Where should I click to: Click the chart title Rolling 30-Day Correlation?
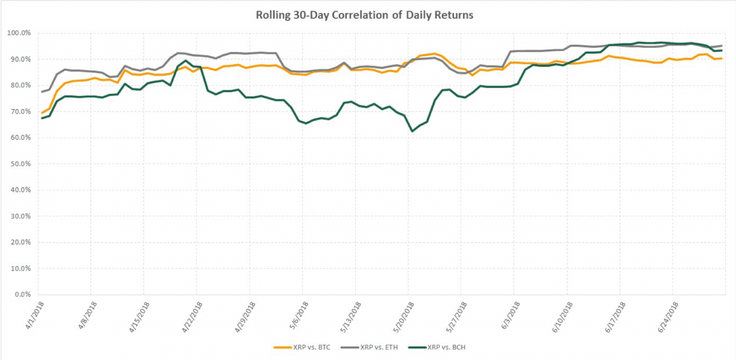click(364, 15)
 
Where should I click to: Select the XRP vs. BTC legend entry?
click(308, 348)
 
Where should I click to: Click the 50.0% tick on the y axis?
click(19, 164)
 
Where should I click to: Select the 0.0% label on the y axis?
click(21, 295)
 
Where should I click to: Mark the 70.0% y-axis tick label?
click(19, 112)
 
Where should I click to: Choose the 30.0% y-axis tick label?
click(19, 216)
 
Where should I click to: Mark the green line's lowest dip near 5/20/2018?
click(412, 131)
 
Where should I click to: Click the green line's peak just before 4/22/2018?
click(186, 61)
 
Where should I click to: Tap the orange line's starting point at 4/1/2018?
click(42, 113)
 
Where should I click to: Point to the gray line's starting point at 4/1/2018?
click(42, 92)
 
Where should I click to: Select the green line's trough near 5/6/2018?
click(306, 123)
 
